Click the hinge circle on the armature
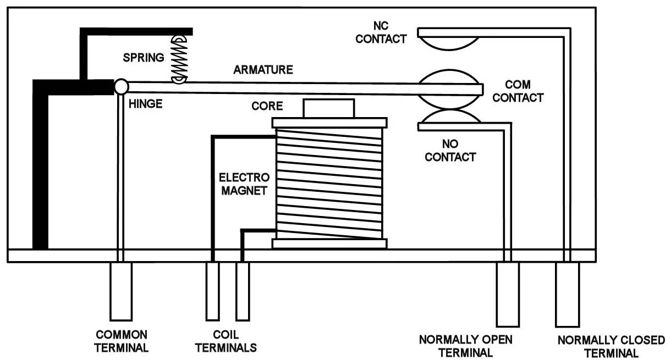pos(122,87)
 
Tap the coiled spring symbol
pos(179,59)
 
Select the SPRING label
pos(144,58)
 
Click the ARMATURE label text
pos(263,70)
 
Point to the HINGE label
pos(146,104)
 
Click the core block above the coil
pos(328,108)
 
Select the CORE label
pos(267,106)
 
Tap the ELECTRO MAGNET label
pos(244,184)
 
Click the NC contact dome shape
pos(448,43)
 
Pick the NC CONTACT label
pos(381,32)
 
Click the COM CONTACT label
pos(518,91)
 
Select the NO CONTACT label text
pos(450,151)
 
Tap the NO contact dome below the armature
pos(450,116)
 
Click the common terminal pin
pos(121,291)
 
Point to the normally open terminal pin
pos(508,295)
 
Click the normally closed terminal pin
pos(568,295)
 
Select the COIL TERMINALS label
pos(226,341)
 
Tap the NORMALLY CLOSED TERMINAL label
pos(611,347)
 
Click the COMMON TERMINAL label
pos(122,341)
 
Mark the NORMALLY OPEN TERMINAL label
pos(465,346)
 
